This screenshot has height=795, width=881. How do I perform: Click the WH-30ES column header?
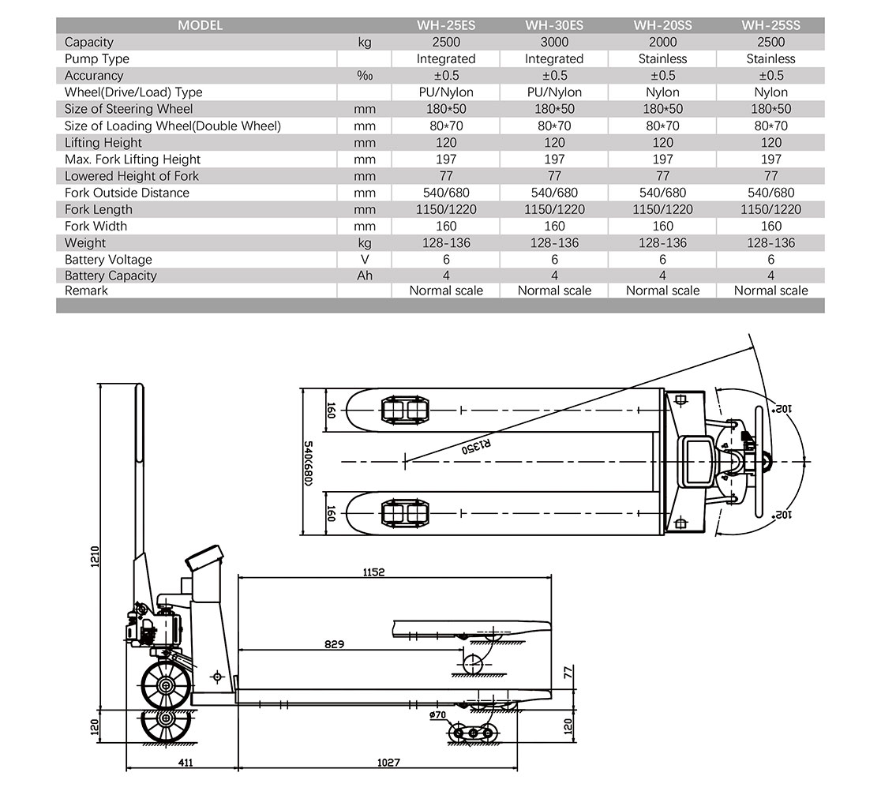click(554, 25)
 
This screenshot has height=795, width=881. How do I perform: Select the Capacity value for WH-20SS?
click(662, 42)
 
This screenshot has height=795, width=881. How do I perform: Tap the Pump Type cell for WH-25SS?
click(770, 58)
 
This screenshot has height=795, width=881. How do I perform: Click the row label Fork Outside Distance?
click(127, 193)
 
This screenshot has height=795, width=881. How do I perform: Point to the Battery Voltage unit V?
click(364, 260)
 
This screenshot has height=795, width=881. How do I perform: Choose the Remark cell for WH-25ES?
click(446, 291)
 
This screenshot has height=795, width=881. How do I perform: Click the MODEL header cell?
click(200, 25)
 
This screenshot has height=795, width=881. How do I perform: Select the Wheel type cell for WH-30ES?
click(554, 92)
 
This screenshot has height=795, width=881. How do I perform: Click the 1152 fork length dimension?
click(374, 572)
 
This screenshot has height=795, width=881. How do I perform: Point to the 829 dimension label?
click(334, 644)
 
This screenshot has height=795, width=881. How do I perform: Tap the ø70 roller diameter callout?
click(438, 716)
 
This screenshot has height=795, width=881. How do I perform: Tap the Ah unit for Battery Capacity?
click(364, 276)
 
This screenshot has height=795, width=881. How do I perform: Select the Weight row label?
click(85, 243)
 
